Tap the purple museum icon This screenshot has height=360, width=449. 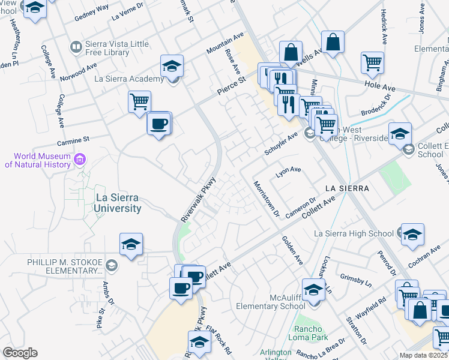click(x=80, y=160)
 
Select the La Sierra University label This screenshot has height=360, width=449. click(x=119, y=203)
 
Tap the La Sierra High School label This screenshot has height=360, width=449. click(x=354, y=233)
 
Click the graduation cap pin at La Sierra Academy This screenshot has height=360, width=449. click(x=172, y=66)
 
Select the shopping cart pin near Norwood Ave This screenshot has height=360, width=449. click(x=139, y=101)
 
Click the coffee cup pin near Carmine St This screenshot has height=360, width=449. click(x=159, y=124)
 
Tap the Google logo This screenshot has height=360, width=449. click(x=20, y=353)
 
